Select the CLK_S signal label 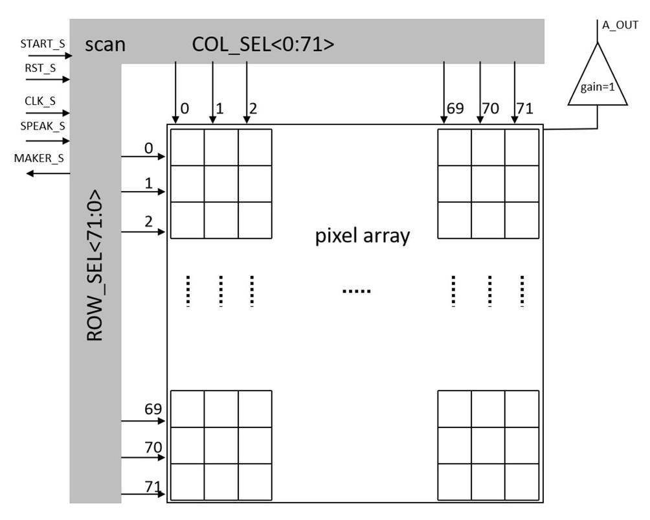[40, 101]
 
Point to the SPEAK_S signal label [43, 126]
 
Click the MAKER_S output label [43, 158]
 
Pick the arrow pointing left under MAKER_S [47, 173]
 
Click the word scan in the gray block [105, 45]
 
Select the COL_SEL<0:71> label [263, 45]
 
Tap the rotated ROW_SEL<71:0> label [95, 266]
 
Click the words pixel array [363, 236]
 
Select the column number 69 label [455, 108]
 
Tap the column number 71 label [525, 108]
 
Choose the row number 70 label [153, 447]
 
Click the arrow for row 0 [144, 156]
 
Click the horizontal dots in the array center [357, 291]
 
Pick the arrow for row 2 [144, 231]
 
